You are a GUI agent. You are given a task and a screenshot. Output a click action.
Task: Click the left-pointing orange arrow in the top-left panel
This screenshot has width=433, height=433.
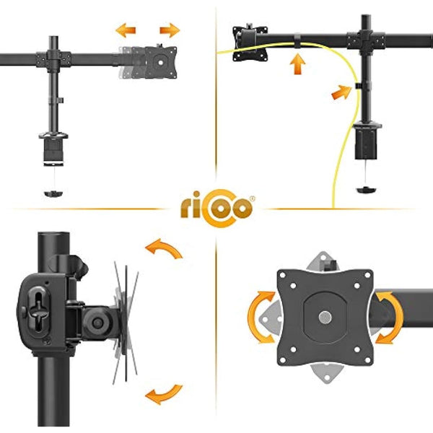click(126, 30)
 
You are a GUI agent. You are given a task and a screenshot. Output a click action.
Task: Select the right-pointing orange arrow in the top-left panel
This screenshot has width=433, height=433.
click(170, 30)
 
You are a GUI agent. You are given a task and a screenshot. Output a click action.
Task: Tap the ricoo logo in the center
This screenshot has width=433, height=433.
click(216, 209)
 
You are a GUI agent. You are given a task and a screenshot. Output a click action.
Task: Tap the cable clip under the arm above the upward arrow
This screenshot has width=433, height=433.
click(297, 40)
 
